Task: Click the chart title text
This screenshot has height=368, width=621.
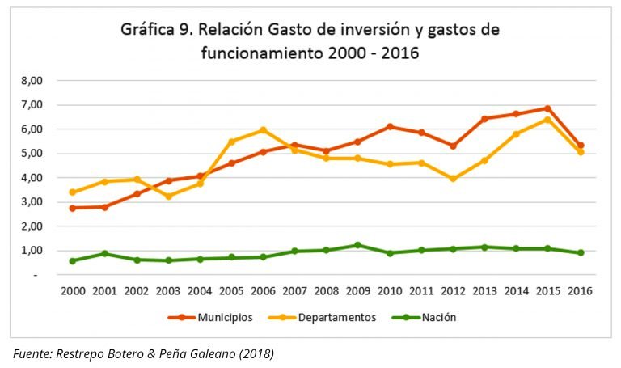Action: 310,41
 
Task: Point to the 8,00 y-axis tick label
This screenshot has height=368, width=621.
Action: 30,81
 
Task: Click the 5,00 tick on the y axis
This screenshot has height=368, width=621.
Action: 30,154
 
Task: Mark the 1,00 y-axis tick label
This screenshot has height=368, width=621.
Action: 30,251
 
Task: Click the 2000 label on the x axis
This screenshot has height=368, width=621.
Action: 73,290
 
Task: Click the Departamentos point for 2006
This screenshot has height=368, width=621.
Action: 262,130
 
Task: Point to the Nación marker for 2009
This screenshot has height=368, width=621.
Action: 357,245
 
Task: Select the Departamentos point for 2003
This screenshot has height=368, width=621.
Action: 167,197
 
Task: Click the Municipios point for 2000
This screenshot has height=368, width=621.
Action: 73,208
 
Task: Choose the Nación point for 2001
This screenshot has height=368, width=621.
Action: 104,254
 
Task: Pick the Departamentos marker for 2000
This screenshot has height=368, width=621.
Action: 73,192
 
